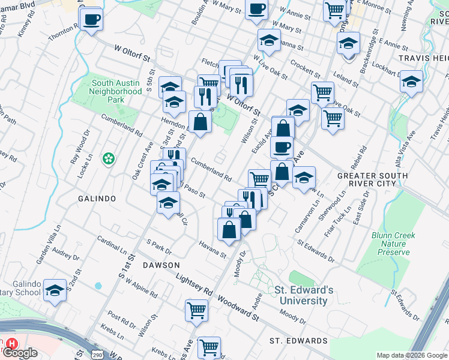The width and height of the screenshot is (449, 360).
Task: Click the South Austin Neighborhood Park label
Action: (115, 91)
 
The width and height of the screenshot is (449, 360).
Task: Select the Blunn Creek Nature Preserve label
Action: (393, 244)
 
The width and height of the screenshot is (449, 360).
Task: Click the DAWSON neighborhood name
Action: (161, 265)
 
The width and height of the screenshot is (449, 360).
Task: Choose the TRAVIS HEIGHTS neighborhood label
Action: (424, 59)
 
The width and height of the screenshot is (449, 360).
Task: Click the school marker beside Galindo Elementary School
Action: (55, 292)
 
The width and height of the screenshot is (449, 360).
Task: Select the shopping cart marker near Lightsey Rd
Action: (197, 310)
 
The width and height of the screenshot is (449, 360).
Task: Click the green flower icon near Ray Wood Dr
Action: (108, 159)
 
